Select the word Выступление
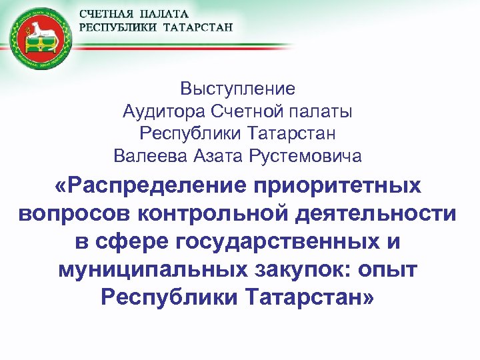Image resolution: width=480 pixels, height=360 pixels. pos(237,88)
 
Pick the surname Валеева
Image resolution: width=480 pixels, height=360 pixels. pos(150,157)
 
